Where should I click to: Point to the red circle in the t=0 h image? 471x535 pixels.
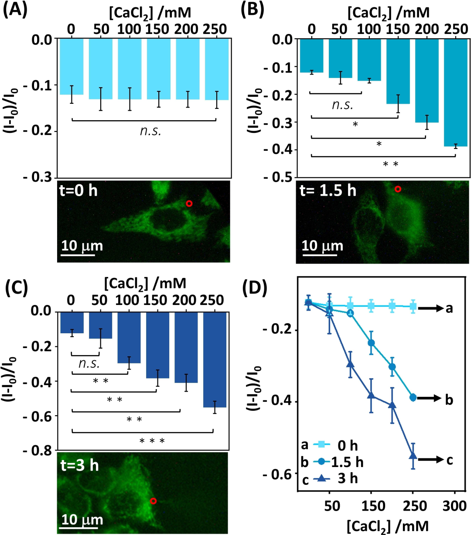pos(189,203)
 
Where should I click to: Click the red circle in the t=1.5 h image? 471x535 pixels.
pos(397,189)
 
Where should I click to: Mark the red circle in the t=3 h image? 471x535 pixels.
pos(153,501)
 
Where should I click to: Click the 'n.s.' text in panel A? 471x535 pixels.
pos(150,130)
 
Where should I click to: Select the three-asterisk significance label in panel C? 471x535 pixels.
pos(152,441)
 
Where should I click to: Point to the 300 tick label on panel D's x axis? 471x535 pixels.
pos(454,506)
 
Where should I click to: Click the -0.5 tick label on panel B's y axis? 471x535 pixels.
pos(278,177)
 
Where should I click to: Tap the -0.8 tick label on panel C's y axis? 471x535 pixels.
pos(38,450)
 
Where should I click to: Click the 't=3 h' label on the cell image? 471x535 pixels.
pos(80,465)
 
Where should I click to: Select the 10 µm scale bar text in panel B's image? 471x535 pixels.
pos(322,246)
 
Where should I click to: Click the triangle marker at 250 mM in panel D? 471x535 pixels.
pos(413,456)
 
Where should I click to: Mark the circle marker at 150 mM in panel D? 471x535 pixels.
pos(371,343)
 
